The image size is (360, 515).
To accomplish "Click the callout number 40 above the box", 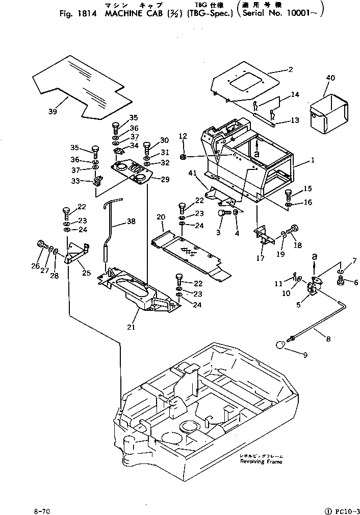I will pos(330,78).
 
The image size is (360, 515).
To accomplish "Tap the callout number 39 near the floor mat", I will pos(53,112).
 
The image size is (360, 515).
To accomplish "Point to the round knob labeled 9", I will pos(281,346).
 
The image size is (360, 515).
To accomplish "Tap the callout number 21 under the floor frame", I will pos(131,327).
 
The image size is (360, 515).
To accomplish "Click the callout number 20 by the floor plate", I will pos(161,217).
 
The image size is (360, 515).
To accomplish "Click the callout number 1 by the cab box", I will pos(313,160).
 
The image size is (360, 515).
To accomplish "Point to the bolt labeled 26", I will pos(40,245).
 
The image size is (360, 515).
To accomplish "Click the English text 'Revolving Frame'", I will pos(261,461).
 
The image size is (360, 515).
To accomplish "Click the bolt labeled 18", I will pos(294,230).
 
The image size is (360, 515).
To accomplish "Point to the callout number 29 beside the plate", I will pos(165,179).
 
